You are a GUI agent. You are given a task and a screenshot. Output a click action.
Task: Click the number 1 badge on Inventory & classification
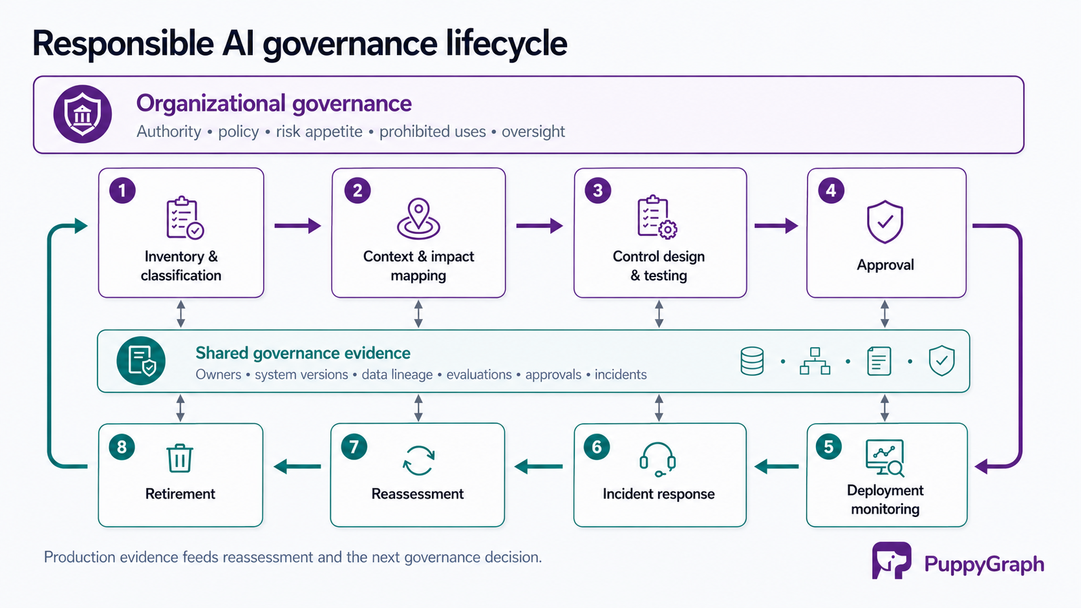tap(122, 191)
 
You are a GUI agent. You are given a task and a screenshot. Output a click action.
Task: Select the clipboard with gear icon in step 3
tap(657, 217)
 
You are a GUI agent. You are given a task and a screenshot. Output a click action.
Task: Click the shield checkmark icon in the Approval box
tap(884, 222)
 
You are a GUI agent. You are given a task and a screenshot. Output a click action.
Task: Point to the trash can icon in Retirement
tap(180, 457)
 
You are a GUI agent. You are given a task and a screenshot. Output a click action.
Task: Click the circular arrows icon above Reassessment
tap(418, 461)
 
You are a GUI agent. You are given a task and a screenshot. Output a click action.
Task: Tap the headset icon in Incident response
tap(658, 459)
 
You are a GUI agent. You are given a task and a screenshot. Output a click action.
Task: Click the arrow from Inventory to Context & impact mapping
tap(298, 225)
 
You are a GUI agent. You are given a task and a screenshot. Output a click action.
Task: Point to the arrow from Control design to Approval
tap(776, 225)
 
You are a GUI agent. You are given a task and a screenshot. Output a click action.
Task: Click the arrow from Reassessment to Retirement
tap(297, 466)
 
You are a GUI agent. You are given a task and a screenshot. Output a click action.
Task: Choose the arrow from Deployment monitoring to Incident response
tap(776, 466)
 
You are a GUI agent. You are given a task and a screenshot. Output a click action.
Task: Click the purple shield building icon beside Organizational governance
tap(83, 114)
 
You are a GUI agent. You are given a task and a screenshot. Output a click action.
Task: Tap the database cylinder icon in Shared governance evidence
tap(752, 361)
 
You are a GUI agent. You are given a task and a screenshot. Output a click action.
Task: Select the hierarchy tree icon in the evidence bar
tap(815, 361)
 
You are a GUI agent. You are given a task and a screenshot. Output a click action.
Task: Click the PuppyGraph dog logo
tap(892, 560)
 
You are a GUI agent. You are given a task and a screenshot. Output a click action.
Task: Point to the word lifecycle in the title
tap(506, 44)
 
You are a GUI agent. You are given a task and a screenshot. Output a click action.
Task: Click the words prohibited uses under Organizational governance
tap(433, 131)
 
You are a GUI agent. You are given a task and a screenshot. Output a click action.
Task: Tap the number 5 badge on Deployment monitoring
tap(829, 447)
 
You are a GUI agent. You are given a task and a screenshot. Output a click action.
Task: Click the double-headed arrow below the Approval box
tap(884, 314)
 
